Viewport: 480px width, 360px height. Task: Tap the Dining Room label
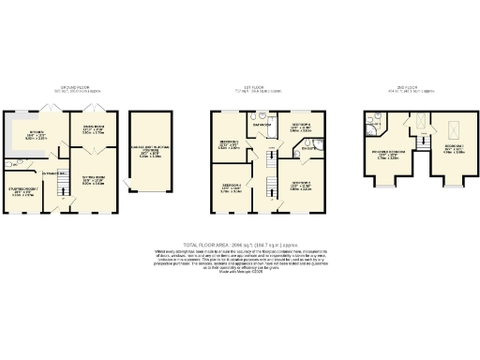pos(92,129)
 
